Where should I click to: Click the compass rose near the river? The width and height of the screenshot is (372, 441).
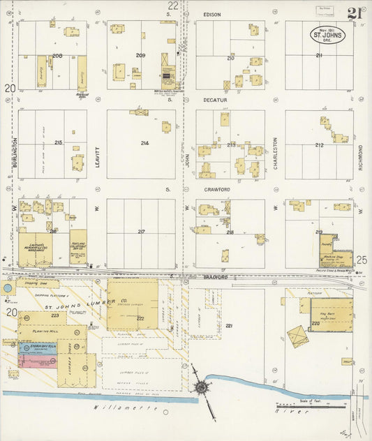click(x=201, y=387)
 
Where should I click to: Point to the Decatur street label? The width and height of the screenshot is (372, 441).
click(x=213, y=100)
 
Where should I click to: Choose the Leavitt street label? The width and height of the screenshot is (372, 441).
click(x=98, y=149)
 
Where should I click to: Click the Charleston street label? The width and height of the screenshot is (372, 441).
click(x=275, y=149)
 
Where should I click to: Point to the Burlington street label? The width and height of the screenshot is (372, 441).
click(x=14, y=149)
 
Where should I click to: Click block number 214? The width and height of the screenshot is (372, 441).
click(x=144, y=143)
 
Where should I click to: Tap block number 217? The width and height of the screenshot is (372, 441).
click(x=141, y=232)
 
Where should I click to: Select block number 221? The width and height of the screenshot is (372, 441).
click(x=229, y=325)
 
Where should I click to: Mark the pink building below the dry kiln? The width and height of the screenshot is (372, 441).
click(x=38, y=361)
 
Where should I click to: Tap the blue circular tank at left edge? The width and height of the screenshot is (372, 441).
click(x=7, y=287)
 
